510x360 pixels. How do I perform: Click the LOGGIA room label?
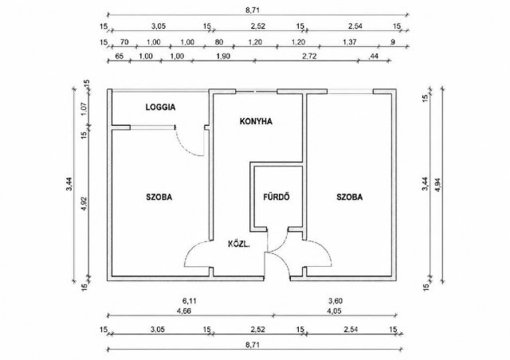click(x=160, y=107)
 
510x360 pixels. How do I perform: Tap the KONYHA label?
click(x=256, y=121)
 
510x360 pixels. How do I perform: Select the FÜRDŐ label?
click(x=277, y=197)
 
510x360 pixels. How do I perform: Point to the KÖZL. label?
click(x=239, y=244)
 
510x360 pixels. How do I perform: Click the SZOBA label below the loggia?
click(x=159, y=197)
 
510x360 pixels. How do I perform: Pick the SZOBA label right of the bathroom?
click(x=350, y=197)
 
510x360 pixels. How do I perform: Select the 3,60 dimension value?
click(x=335, y=301)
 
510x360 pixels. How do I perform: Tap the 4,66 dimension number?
click(x=184, y=311)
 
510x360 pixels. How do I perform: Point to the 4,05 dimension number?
click(x=334, y=311)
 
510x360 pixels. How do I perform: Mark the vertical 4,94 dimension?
click(x=437, y=185)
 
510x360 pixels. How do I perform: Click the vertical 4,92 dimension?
click(x=84, y=204)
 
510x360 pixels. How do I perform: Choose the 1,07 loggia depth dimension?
click(x=84, y=108)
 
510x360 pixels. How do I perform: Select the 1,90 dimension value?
click(x=223, y=56)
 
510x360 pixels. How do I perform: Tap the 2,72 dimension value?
click(x=309, y=56)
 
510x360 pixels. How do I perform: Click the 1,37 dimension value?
click(x=350, y=42)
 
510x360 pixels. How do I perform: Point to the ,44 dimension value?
click(x=374, y=56)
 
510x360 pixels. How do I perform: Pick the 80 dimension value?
click(x=219, y=42)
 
